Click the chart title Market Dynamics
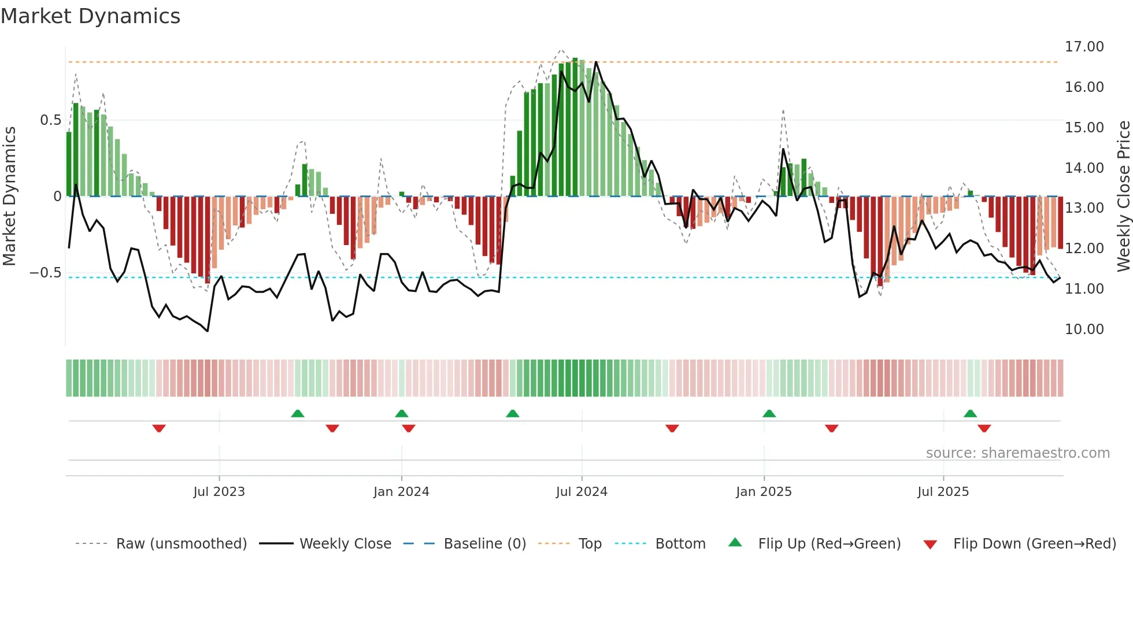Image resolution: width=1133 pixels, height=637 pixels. [90, 16]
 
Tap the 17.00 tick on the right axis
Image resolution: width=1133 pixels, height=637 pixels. [1084, 47]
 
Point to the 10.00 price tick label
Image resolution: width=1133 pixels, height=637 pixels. [1084, 329]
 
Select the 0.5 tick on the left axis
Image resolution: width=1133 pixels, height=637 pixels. [50, 120]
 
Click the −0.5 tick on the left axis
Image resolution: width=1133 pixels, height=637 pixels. [46, 273]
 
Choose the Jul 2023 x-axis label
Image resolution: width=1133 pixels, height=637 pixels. [219, 492]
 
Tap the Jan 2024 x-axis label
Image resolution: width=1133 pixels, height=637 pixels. [401, 492]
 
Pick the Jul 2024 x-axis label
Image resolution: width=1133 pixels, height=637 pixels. [582, 492]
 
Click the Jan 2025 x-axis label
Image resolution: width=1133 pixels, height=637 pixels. [764, 492]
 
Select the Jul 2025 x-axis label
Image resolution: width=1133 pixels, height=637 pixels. [943, 492]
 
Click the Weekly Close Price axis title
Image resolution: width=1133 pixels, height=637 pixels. [1123, 196]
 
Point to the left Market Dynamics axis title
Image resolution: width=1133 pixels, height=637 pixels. [9, 196]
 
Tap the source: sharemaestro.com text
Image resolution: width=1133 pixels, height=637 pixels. [1017, 453]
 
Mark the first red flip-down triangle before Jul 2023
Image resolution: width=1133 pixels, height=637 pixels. [159, 428]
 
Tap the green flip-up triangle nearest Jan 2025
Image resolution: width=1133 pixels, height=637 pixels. [769, 413]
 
